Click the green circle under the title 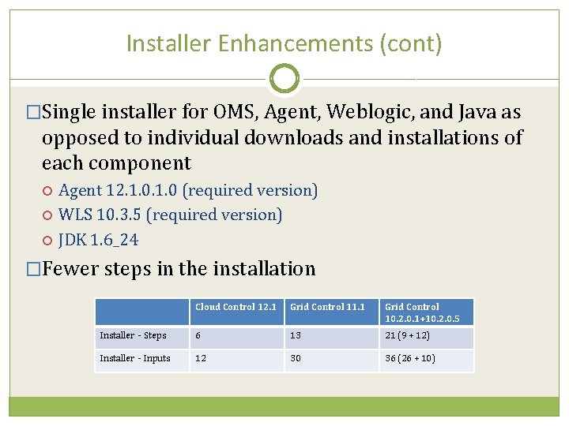(x=284, y=79)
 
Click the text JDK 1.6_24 (x=99, y=239)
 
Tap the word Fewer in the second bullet (x=70, y=269)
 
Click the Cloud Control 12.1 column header (x=236, y=307)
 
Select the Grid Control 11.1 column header (x=327, y=307)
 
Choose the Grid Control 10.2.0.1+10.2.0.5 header (x=422, y=312)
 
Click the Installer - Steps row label (x=133, y=335)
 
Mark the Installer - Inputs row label (x=135, y=359)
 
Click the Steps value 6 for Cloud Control (x=198, y=335)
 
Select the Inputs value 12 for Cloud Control (x=201, y=359)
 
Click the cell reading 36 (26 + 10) (x=409, y=359)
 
